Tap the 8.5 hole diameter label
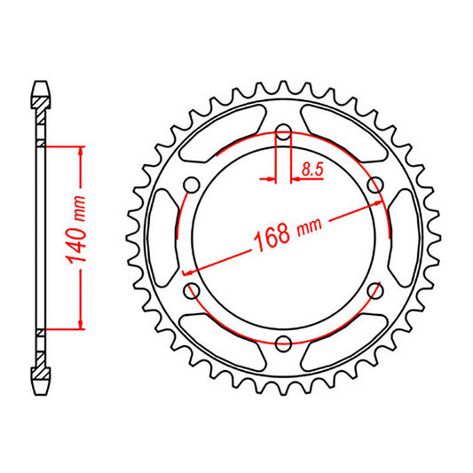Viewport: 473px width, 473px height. pyautogui.click(x=312, y=167)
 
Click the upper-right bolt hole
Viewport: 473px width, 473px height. pyautogui.click(x=374, y=185)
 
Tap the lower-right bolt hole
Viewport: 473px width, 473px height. pyautogui.click(x=374, y=291)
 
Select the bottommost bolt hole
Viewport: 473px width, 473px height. pyautogui.click(x=283, y=343)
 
